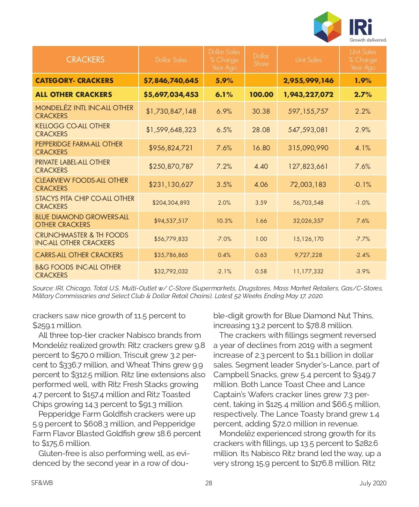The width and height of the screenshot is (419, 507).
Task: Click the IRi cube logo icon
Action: [327, 27]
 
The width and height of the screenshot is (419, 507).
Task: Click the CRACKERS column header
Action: [85, 60]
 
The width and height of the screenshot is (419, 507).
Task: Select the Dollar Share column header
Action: [261, 60]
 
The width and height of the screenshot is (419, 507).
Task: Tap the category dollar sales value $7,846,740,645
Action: [171, 81]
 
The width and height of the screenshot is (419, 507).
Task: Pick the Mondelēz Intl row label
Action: [84, 112]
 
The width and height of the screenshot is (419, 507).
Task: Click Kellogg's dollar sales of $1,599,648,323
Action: [171, 130]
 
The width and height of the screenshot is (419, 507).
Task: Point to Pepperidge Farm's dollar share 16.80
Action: [261, 148]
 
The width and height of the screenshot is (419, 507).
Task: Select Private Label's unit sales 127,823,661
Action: [308, 166]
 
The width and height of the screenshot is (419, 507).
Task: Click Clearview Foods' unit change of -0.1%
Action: [362, 184]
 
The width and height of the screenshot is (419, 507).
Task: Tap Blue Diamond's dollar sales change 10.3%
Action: [224, 221]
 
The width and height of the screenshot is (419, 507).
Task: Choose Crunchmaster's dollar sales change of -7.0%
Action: [224, 239]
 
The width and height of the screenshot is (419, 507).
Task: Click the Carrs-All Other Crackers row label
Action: [79, 255]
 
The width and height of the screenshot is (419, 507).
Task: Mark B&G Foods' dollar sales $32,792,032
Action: [171, 271]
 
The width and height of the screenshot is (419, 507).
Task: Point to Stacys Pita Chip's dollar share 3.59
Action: [261, 203]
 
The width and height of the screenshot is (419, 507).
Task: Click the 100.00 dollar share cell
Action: [261, 94]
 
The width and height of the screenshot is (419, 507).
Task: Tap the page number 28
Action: [209, 483]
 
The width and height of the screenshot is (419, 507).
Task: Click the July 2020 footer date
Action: [373, 483]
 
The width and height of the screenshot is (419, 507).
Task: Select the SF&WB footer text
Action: [42, 483]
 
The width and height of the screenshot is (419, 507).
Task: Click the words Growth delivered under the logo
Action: [368, 40]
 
